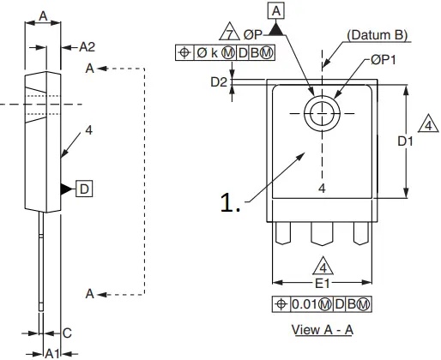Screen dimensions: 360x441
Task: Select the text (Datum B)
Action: coord(377,36)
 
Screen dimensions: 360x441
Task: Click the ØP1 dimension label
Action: coord(384,61)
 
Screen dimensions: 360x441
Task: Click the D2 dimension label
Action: coord(219,82)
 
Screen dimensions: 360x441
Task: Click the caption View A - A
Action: coord(323,328)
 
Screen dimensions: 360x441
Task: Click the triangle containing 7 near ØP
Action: coord(228,34)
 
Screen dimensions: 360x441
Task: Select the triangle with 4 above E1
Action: coord(323,265)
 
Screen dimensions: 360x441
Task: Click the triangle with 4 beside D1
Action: coord(426,125)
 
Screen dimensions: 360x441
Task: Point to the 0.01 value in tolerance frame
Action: coord(304,305)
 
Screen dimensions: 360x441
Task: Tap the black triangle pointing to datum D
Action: coord(65,188)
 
